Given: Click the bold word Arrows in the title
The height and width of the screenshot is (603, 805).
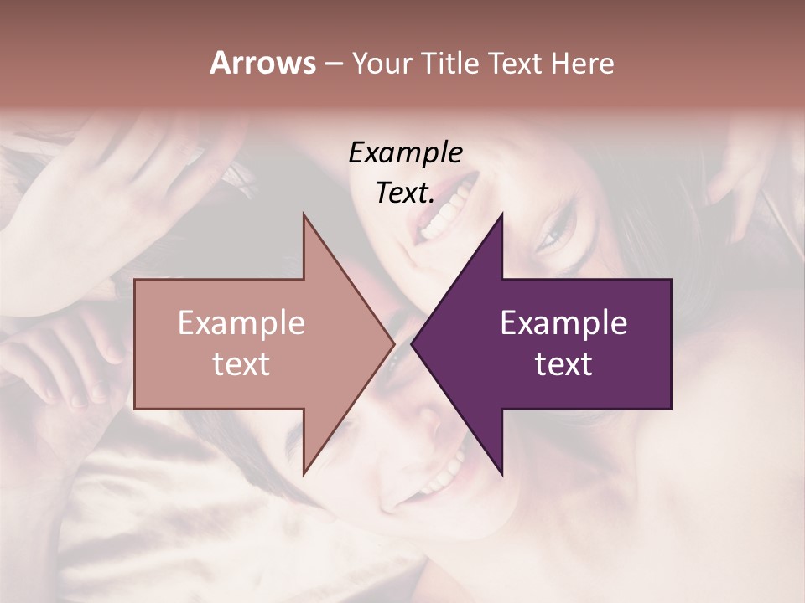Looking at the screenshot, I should (x=262, y=63).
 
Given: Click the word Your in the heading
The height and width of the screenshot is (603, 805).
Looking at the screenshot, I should (x=382, y=64).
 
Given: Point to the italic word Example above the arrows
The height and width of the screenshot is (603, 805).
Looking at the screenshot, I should (x=405, y=152).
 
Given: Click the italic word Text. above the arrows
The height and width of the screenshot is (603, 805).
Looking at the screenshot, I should (x=405, y=193).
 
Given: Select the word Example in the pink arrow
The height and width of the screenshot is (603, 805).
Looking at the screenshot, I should (x=241, y=322).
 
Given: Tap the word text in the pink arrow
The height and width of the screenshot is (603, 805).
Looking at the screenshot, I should (x=241, y=364).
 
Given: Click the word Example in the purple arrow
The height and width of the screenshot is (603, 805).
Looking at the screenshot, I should (x=563, y=322).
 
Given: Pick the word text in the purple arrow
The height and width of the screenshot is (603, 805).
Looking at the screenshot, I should (x=563, y=364).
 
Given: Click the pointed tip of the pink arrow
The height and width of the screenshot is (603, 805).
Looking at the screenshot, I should (x=394, y=343).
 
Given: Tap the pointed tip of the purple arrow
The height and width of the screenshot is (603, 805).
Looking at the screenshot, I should (x=412, y=343).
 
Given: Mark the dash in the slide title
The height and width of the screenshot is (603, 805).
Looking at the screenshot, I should (x=333, y=64).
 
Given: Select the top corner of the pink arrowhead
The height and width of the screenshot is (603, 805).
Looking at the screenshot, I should (x=304, y=214).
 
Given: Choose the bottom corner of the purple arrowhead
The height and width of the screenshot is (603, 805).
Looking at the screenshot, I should (x=502, y=474).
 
